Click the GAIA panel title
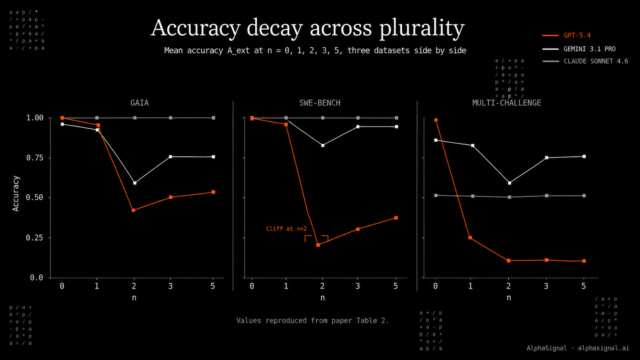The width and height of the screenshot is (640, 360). pyautogui.click(x=139, y=103)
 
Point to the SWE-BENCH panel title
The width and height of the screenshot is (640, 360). pyautogui.click(x=320, y=103)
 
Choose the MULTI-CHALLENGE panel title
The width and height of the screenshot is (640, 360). pyautogui.click(x=506, y=103)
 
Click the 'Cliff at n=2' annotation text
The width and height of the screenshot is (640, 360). pyautogui.click(x=286, y=229)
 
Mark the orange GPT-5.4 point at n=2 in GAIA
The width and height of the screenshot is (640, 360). pyautogui.click(x=134, y=210)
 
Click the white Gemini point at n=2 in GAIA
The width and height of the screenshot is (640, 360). pyautogui.click(x=135, y=183)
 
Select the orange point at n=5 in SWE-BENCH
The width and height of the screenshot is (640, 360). pyautogui.click(x=396, y=218)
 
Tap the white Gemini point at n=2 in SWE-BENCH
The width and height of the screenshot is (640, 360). pyautogui.click(x=323, y=146)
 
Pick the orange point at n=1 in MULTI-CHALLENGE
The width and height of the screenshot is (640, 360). pyautogui.click(x=470, y=238)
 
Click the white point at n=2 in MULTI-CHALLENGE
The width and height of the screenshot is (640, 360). pyautogui.click(x=510, y=183)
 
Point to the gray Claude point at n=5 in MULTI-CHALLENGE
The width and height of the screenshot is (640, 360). pyautogui.click(x=584, y=196)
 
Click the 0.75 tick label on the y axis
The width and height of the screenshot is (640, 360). pyautogui.click(x=34, y=158)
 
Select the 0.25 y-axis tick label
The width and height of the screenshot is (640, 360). pyautogui.click(x=34, y=238)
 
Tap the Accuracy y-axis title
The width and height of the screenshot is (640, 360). pyautogui.click(x=16, y=194)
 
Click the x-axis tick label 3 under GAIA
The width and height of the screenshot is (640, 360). pyautogui.click(x=170, y=286)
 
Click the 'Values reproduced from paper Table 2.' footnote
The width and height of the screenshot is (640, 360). pyautogui.click(x=313, y=321)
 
